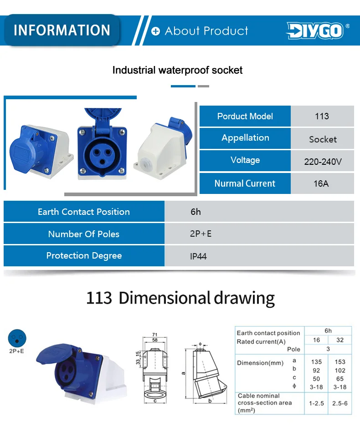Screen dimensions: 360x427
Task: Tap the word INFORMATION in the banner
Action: pyautogui.click(x=62, y=30)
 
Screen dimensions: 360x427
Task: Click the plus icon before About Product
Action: pyautogui.click(x=155, y=31)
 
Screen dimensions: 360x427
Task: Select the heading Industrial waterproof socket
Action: pyautogui.click(x=177, y=70)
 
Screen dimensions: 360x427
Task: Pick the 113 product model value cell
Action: pyautogui.click(x=322, y=116)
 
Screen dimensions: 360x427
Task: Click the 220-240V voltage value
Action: pyautogui.click(x=323, y=162)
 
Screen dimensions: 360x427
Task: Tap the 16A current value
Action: pyautogui.click(x=321, y=184)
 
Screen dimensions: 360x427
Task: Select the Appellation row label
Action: pyautogui.click(x=245, y=138)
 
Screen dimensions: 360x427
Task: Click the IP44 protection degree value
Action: pyautogui.click(x=198, y=256)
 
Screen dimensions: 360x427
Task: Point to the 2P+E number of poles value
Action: pyautogui.click(x=201, y=234)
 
